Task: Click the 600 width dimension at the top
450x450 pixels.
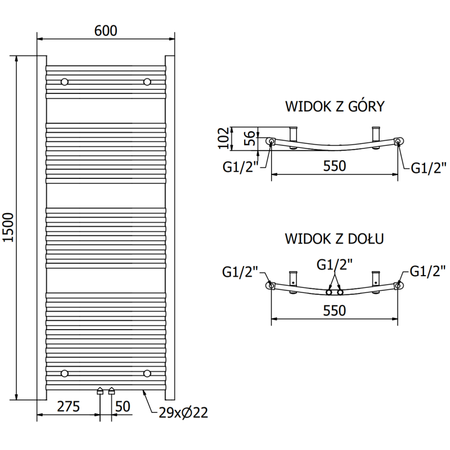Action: click(106, 31)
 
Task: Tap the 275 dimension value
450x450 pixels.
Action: click(67, 406)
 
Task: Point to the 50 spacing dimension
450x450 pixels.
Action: click(123, 406)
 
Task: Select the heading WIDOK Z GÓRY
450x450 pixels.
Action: click(335, 107)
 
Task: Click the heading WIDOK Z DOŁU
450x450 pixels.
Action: click(335, 238)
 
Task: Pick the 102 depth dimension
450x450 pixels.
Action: click(223, 138)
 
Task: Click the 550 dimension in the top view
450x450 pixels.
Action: click(335, 166)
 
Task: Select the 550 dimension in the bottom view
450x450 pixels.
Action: click(335, 310)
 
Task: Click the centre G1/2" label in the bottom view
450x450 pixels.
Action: click(335, 264)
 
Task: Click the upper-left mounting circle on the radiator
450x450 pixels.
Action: click(65, 82)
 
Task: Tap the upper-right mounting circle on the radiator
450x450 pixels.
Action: click(147, 82)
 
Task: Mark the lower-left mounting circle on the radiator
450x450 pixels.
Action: click(65, 373)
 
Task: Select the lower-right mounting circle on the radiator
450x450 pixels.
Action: click(147, 373)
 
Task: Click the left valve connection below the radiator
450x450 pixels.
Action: click(100, 390)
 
